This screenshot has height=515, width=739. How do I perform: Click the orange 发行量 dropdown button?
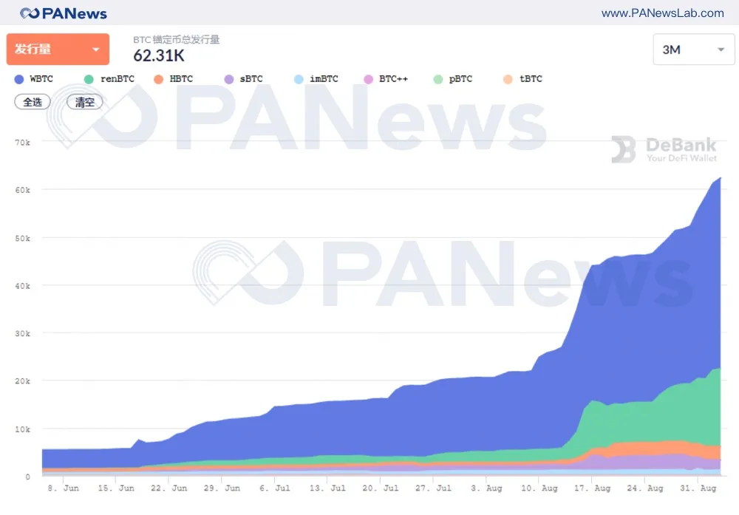(x=58, y=50)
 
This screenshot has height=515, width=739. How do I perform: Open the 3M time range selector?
(x=693, y=50)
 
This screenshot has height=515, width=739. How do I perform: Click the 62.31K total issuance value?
(x=159, y=55)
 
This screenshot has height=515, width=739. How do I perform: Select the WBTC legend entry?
(x=35, y=78)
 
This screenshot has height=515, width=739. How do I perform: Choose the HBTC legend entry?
(x=174, y=78)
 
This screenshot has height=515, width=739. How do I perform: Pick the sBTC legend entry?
(x=245, y=78)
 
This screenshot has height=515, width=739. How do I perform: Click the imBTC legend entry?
(x=317, y=78)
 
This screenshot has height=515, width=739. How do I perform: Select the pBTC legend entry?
(x=454, y=78)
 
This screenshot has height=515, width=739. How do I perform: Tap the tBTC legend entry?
(x=524, y=78)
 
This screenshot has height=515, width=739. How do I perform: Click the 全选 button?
(x=33, y=102)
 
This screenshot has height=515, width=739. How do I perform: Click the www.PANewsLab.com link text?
(x=662, y=13)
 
